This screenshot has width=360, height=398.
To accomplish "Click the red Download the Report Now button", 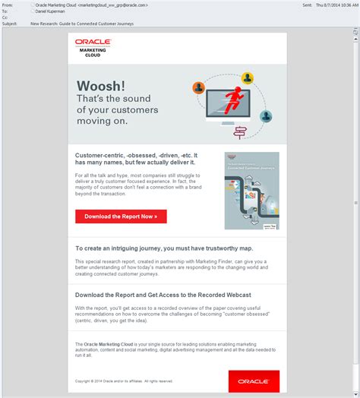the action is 121,216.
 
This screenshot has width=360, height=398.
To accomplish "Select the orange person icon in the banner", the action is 199,87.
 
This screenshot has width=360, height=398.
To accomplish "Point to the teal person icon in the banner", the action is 266,116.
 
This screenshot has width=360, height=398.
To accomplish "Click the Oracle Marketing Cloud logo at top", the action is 92,47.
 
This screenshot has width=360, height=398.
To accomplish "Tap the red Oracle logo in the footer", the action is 254,381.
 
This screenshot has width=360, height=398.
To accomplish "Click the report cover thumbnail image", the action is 251,191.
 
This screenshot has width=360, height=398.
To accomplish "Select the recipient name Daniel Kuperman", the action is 52,11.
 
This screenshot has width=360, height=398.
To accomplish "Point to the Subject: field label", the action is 10,24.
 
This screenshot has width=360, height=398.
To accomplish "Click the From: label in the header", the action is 8,5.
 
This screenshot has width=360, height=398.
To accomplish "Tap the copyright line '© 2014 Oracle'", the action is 124,381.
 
